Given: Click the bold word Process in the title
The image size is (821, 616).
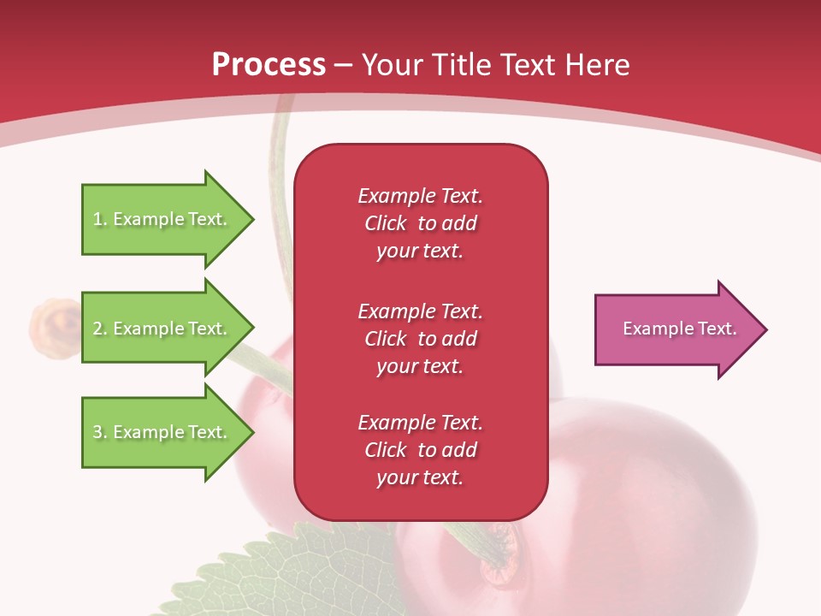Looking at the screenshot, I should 269,65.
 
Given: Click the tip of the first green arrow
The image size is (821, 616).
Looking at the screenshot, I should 251,219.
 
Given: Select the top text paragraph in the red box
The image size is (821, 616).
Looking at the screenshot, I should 420,223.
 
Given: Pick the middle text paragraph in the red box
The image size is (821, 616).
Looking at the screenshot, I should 420,339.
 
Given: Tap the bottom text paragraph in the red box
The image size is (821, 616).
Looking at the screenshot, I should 420,450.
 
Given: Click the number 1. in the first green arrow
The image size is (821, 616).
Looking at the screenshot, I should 100,219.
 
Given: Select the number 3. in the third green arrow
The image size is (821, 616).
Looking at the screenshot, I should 100,432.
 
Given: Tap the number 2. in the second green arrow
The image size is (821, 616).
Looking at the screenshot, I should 100,329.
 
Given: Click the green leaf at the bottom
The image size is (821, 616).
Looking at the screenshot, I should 282,573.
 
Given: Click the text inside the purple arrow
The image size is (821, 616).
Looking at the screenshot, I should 679,329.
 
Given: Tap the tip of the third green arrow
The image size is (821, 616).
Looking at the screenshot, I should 251,432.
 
